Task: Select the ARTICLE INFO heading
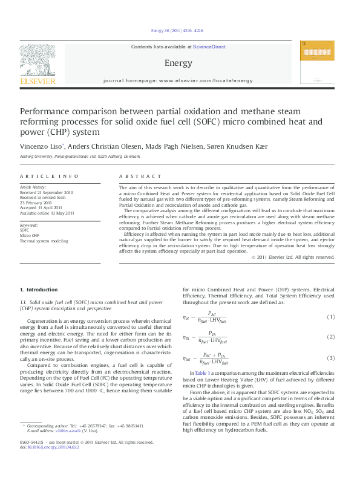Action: [x=49, y=176]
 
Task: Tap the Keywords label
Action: [x=30, y=225]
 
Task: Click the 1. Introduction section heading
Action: [x=39, y=290]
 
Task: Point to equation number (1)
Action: [x=331, y=317]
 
